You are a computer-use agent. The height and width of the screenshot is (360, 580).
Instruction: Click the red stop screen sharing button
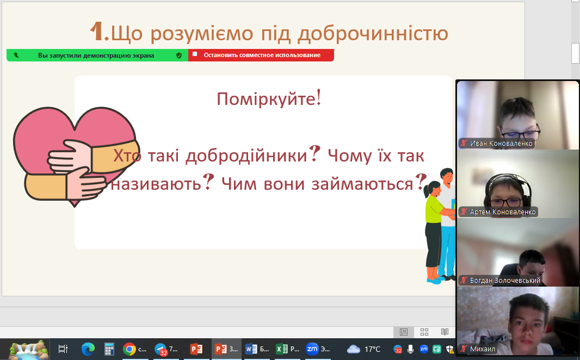pos(261,55)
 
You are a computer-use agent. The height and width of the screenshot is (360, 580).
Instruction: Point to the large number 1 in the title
pos(97,32)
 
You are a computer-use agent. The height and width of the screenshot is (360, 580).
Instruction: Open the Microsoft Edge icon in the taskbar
pos(88,349)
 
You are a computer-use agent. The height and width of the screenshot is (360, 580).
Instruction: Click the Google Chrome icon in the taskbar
pos(129,349)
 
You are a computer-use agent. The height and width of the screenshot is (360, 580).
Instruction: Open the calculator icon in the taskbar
pos(109,349)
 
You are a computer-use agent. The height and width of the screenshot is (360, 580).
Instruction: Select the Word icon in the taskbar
pos(251,349)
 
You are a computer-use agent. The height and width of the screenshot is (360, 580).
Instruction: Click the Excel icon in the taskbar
pos(281,349)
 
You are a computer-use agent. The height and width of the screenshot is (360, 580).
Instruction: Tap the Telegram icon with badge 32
pos(161,349)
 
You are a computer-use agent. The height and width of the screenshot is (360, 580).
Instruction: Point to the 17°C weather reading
pos(372,349)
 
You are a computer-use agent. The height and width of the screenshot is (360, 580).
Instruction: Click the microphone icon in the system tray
pos(410,349)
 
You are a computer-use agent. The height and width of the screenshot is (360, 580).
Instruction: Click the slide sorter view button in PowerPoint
pos(424,332)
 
